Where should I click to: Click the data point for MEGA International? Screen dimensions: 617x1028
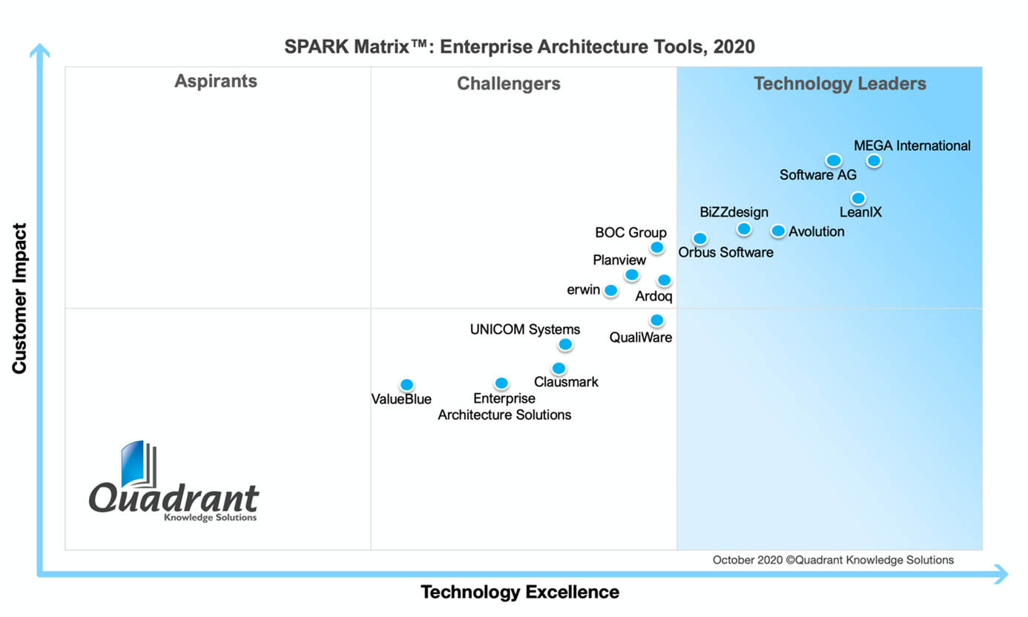pos(874,160)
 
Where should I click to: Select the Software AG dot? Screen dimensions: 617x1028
pos(833,160)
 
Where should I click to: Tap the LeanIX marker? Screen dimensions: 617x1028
pos(857,198)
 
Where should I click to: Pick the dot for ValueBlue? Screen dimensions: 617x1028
pos(406,384)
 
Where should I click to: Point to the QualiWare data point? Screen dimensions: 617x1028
pos(656,320)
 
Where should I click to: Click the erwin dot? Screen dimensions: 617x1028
pos(610,290)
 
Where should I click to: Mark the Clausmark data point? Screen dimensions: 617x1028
pos(559,368)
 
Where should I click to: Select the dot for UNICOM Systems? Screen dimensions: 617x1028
pos(565,344)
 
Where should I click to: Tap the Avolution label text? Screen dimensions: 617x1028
pos(816,231)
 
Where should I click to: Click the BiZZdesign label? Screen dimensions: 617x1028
pos(734,213)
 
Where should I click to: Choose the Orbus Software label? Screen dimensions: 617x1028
pos(725,252)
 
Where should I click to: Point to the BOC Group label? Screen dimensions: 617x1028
pos(630,233)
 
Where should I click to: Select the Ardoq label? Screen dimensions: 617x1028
pos(653,297)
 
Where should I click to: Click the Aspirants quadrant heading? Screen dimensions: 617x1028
pos(216,82)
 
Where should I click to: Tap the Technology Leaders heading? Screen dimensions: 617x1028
pos(840,84)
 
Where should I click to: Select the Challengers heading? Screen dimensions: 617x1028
pos(508,84)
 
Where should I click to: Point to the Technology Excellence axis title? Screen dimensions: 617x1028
pos(519,592)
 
